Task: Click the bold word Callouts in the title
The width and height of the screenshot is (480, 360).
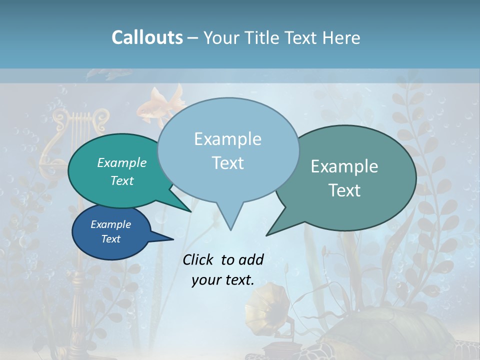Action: click(147, 37)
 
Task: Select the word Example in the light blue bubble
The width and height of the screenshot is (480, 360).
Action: click(227, 139)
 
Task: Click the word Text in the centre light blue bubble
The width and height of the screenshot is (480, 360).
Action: click(227, 163)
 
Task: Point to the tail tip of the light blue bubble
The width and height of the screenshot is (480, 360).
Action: click(230, 230)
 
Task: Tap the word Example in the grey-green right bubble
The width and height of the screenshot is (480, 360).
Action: click(344, 166)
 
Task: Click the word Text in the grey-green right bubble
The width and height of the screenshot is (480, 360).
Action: click(344, 190)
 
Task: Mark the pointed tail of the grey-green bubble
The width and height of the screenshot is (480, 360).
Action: click(267, 234)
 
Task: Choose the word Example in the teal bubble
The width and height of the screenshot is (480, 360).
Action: click(121, 162)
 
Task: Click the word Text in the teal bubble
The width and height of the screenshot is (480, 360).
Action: click(121, 180)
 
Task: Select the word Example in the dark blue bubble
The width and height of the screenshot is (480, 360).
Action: click(110, 224)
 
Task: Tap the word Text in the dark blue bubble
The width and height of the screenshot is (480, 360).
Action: click(110, 239)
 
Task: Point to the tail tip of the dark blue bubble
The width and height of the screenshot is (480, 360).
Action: click(173, 239)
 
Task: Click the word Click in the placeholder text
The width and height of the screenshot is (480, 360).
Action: click(199, 259)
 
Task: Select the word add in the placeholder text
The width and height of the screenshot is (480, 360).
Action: click(251, 259)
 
